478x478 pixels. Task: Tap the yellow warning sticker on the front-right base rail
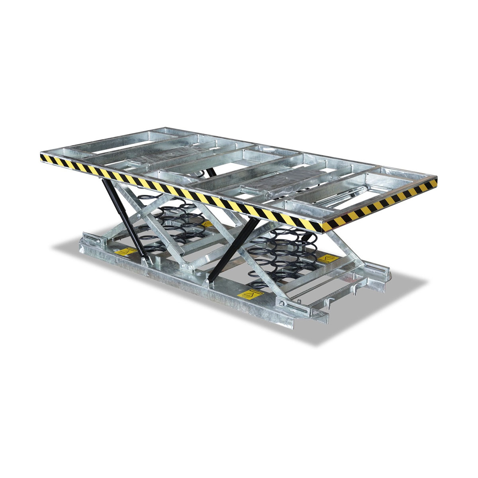pos(246,295)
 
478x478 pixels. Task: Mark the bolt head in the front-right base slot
pos(283,305)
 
